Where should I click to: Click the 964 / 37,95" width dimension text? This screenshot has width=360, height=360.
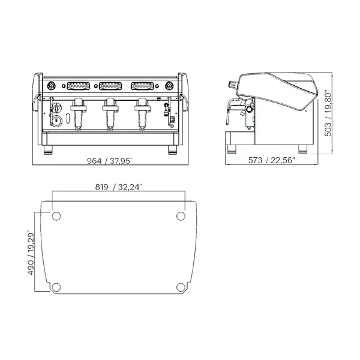click(x=109, y=161)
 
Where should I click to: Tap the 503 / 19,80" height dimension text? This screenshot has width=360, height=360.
click(x=328, y=113)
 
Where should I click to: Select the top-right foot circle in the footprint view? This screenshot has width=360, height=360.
click(x=181, y=215)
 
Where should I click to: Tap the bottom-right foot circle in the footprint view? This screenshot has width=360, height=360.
click(x=181, y=286)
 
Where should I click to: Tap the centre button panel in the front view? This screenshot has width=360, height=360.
click(x=109, y=85)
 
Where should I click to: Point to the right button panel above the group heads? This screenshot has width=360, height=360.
click(x=142, y=85)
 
